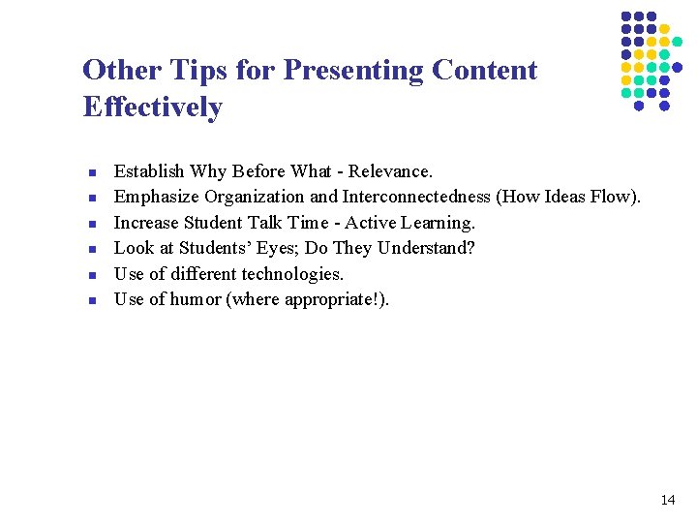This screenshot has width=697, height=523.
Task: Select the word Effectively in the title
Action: (x=153, y=107)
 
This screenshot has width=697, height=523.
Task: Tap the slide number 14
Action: (x=667, y=501)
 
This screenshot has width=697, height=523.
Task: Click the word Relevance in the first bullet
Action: (x=390, y=171)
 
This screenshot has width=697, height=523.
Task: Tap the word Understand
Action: (x=425, y=248)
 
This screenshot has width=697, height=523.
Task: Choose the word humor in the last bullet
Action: (x=196, y=299)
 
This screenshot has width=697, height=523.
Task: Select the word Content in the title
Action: (x=484, y=71)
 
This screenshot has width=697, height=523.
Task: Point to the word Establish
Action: (x=149, y=171)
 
